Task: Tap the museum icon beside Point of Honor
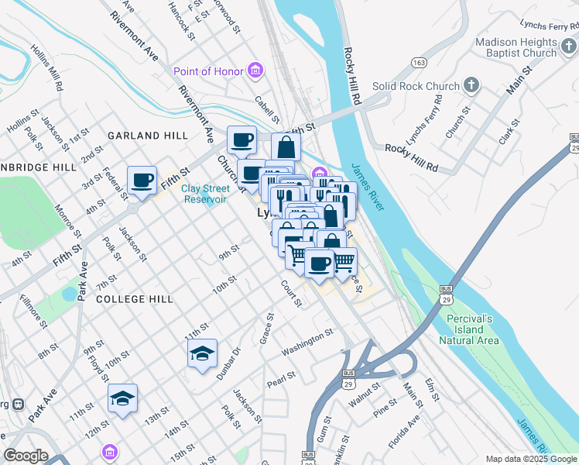point(255,72)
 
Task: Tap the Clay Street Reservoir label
point(205,194)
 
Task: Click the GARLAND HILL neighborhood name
point(147,136)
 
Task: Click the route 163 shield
point(419,63)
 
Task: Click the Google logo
point(26,456)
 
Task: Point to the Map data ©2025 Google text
point(531,459)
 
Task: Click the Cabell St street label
point(267,109)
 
